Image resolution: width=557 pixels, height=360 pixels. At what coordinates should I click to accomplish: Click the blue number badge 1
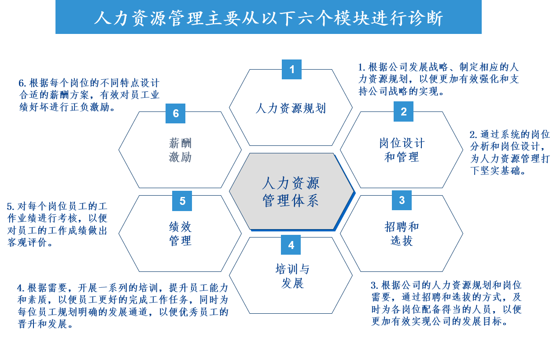tap(291, 69)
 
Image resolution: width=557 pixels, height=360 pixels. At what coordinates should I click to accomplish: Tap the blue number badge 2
tap(403, 111)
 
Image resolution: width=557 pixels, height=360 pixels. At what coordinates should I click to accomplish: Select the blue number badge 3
tap(402, 200)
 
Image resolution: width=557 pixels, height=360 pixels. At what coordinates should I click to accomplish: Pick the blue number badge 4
tap(291, 245)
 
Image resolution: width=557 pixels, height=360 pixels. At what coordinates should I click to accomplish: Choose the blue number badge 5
tap(182, 201)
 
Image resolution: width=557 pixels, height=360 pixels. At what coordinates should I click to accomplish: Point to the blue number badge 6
tap(175, 113)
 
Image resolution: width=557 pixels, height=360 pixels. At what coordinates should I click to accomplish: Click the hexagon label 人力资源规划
tap(291, 108)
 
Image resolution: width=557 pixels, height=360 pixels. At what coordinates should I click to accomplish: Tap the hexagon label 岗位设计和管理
tap(402, 150)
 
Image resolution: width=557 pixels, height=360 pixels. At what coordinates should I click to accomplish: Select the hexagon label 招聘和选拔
tap(402, 234)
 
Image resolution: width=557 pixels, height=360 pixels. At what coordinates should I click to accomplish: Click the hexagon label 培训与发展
tap(292, 276)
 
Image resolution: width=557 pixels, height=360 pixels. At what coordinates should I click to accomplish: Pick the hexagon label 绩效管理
tap(180, 234)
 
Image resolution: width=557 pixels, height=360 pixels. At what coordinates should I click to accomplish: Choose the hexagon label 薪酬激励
tap(180, 150)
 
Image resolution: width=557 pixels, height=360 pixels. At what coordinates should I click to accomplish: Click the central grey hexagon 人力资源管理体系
tap(291, 192)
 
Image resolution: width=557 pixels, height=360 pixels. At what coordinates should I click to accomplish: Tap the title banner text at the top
tap(269, 18)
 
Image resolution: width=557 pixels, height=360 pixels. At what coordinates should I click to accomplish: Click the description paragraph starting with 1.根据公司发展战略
tap(438, 79)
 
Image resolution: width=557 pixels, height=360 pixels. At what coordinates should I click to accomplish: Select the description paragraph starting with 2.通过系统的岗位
tap(509, 152)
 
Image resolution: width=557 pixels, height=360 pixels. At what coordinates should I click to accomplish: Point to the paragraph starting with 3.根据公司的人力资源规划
tap(446, 303)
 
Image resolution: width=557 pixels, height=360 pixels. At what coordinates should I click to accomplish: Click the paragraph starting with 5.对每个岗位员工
tap(57, 224)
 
